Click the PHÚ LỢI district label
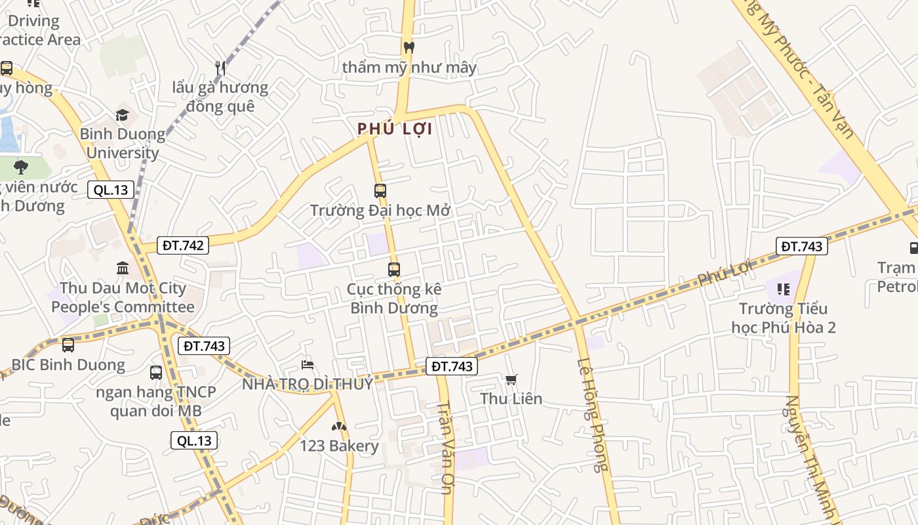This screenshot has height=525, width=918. [x=395, y=129]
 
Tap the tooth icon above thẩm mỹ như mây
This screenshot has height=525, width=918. [x=409, y=47]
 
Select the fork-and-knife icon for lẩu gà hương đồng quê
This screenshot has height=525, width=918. [x=220, y=67]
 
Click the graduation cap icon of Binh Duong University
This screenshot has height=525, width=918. [x=123, y=115]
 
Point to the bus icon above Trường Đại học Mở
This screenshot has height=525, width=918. [x=380, y=191]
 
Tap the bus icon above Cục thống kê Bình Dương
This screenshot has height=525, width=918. [x=393, y=270]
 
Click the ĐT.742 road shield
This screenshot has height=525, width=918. [x=184, y=245]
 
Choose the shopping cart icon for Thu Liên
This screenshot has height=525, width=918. [x=511, y=379]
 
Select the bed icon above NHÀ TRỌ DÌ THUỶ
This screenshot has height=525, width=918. [x=308, y=364]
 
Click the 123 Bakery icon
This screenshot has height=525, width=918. [x=339, y=427]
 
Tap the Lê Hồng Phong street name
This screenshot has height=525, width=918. [x=592, y=415]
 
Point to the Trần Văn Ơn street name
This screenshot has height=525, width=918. [x=446, y=446]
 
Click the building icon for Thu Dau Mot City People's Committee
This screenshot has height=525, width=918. [x=123, y=268]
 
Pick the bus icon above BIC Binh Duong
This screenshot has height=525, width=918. [x=68, y=345]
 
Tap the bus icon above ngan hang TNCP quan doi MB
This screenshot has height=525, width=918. [x=156, y=373]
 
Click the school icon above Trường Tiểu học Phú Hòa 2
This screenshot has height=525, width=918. [x=783, y=289]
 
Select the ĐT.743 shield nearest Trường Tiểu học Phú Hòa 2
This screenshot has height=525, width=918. [x=801, y=246]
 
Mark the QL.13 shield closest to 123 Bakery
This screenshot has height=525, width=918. [x=194, y=440]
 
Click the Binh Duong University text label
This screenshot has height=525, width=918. [x=123, y=143]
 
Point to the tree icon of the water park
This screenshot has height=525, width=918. [x=21, y=167]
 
